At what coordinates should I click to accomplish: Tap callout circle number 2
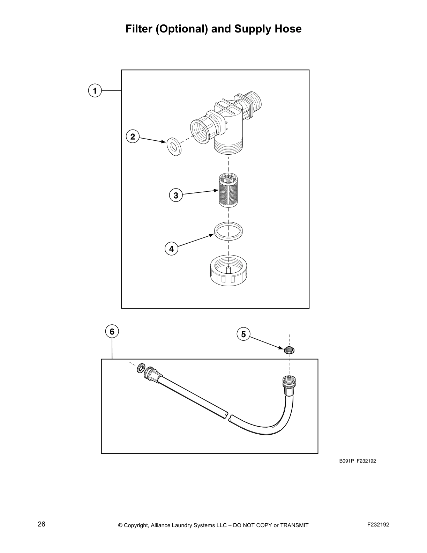click(133, 137)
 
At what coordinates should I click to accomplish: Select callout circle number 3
click(176, 195)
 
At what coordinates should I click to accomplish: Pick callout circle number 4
click(171, 249)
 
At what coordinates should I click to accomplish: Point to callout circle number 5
click(243, 334)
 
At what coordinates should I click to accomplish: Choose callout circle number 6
click(112, 331)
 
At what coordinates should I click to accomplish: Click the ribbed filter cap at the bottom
click(228, 272)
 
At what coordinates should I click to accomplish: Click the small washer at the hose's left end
click(141, 368)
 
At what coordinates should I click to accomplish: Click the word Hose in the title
click(287, 29)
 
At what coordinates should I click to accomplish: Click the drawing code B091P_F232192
click(358, 461)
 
